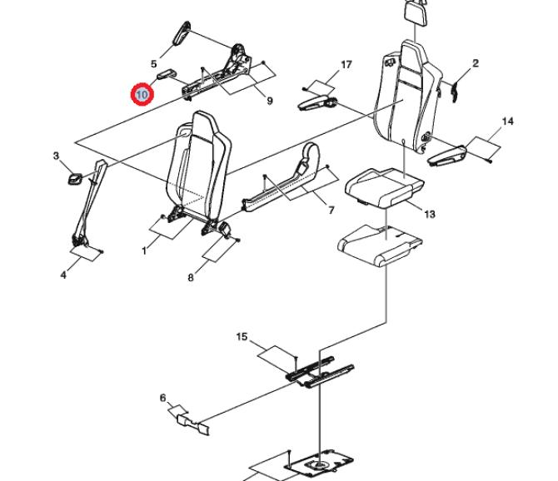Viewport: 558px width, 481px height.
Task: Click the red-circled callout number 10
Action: coord(142,95)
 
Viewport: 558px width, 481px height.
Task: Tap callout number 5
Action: coord(153,64)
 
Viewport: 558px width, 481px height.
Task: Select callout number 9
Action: coord(269,101)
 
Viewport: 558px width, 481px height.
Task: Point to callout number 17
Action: coord(346,65)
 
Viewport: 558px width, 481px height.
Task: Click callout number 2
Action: coord(476,63)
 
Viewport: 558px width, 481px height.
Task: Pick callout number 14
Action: coord(507,121)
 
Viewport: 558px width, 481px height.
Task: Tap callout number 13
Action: coord(430,214)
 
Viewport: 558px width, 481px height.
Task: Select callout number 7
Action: coord(331,211)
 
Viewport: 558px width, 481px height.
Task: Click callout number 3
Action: coord(57,156)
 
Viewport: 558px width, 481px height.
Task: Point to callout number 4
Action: coord(63,275)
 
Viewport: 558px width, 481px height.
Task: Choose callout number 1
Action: coord(144,251)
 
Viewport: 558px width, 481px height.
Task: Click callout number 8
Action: coord(191,278)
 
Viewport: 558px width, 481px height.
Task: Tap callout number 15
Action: coord(242,337)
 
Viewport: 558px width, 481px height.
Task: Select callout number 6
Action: coord(162,398)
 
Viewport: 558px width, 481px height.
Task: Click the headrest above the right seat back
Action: coord(416,12)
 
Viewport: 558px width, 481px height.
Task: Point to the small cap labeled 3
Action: coord(75,179)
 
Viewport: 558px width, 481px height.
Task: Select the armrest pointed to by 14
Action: coord(447,156)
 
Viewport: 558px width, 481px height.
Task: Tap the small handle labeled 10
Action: coord(167,76)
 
